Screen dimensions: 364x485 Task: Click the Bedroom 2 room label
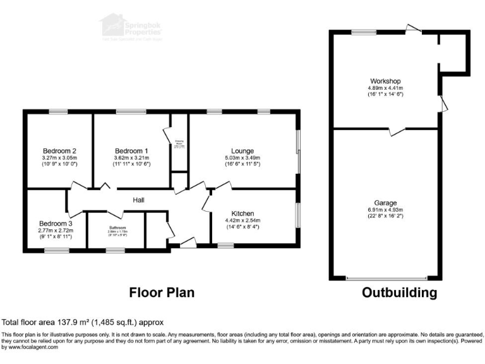tap(59, 150)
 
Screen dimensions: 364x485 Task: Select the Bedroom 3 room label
tap(56, 224)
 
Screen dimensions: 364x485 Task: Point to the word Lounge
tap(242, 150)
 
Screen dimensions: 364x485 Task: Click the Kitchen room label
tap(242, 213)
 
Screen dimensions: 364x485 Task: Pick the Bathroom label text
tap(117, 227)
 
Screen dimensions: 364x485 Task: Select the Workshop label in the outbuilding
tap(386, 81)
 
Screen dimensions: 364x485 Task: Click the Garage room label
tap(385, 203)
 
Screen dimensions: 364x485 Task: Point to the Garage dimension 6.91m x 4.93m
tap(385, 210)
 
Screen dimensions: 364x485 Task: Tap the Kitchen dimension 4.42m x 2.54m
tap(242, 220)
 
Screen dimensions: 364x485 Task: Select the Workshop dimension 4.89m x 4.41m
tap(386, 88)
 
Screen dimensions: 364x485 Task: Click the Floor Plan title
tap(162, 293)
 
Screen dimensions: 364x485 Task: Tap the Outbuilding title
tap(399, 293)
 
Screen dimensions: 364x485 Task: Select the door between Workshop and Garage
tap(397, 131)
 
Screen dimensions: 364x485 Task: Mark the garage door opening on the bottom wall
tap(386, 278)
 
